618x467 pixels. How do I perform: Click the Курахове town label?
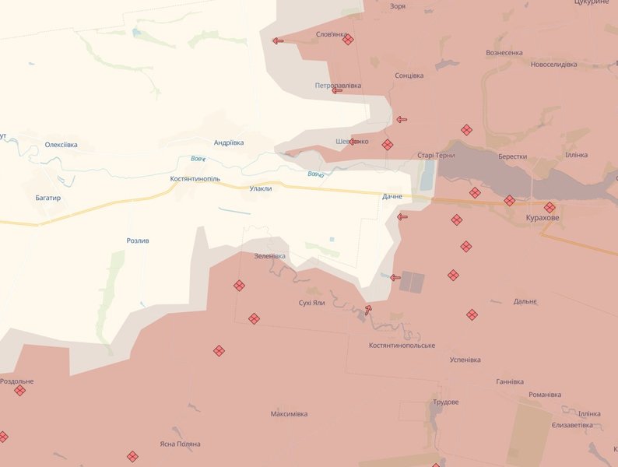click(542, 218)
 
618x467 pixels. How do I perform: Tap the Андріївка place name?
click(229, 142)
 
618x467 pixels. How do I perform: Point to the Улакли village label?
click(261, 188)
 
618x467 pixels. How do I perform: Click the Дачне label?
click(392, 197)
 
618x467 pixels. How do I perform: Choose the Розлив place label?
click(138, 241)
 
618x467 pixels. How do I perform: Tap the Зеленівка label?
click(269, 256)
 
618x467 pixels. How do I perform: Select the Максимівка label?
click(289, 413)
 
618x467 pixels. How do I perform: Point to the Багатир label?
click(48, 198)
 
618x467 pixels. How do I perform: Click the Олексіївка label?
click(61, 145)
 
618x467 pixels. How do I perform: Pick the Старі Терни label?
click(436, 156)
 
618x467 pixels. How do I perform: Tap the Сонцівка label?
click(409, 75)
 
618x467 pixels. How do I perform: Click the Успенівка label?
click(465, 360)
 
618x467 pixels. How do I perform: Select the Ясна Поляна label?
click(181, 444)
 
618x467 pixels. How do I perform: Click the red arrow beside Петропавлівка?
click(337, 90)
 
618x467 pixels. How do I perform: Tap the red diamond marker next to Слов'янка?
click(348, 40)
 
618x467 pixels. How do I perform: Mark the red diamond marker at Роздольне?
click(19, 391)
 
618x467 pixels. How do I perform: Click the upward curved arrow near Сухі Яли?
click(367, 310)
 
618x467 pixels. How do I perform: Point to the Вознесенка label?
click(504, 53)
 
